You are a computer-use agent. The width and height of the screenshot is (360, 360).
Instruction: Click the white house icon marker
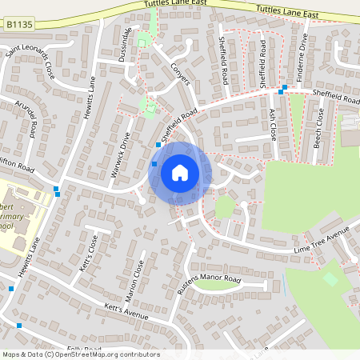(180, 173)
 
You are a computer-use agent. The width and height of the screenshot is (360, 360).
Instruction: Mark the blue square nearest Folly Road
(19, 326)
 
